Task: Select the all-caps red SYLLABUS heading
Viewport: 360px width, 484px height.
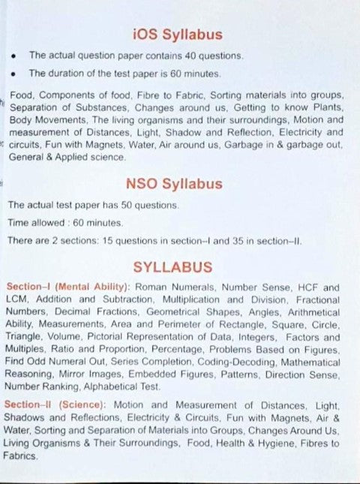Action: (x=172, y=266)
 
